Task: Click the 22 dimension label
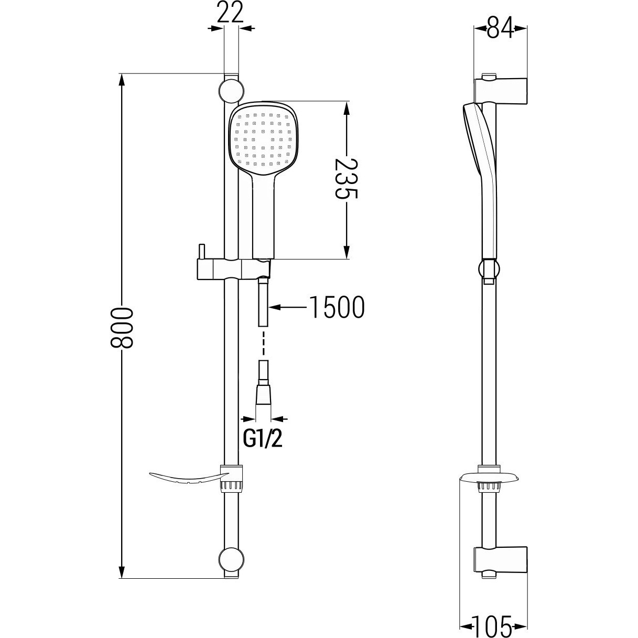(231, 12)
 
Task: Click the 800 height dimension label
(121, 328)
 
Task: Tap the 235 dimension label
(347, 179)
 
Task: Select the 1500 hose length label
(337, 307)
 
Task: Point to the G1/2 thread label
(263, 439)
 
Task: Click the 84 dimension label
(500, 28)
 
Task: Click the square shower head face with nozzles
(264, 139)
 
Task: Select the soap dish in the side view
(489, 479)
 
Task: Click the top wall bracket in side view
(500, 90)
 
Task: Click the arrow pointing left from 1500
(288, 307)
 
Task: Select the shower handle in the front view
(263, 217)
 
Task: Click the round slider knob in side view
(489, 268)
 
